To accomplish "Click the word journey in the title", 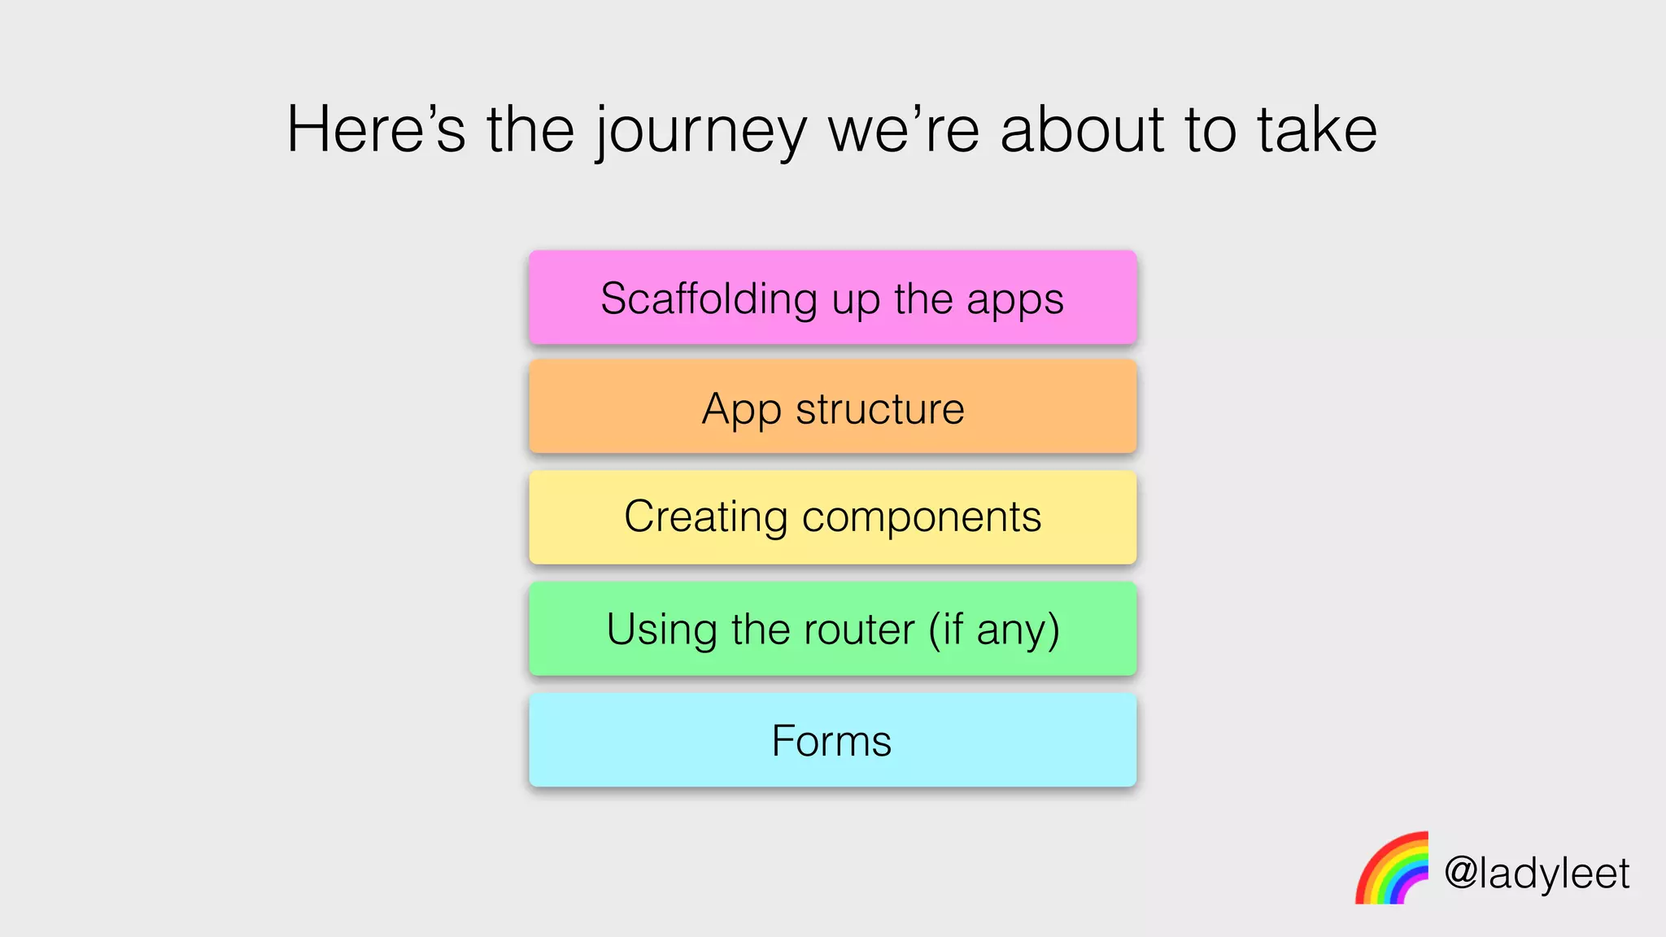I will pos(701,132).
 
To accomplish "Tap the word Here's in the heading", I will pos(376,130).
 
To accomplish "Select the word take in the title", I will pos(1317,130).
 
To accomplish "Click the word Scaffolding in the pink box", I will pos(709,299).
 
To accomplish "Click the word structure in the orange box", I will pos(880,409).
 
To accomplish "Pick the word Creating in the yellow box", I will pos(706,517).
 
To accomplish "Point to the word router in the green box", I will pos(859,630).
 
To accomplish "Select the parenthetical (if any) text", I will pos(994,630).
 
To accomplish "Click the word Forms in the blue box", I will pos(831,741).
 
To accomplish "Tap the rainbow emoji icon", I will pos(1392,869).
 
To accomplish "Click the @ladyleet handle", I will pos(1537,874).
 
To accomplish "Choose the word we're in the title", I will pos(903,130).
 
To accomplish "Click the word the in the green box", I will pos(761,630).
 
